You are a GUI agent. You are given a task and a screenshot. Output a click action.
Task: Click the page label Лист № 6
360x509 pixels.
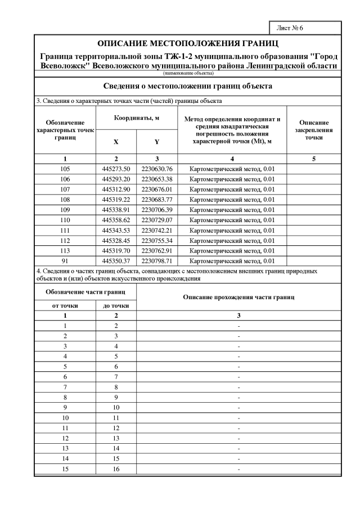(x=290, y=28)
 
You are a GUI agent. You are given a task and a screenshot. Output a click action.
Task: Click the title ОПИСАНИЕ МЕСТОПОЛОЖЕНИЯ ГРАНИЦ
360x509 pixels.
(x=188, y=43)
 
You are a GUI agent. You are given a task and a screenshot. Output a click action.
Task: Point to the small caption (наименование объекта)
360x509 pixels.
(x=188, y=73)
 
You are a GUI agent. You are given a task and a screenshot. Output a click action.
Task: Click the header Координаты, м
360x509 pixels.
(x=137, y=119)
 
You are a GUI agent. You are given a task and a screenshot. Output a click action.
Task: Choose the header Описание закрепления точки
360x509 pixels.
(x=314, y=129)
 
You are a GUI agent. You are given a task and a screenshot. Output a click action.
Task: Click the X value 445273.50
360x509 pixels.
(x=116, y=169)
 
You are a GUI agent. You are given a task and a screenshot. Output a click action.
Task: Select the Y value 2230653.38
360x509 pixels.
(x=157, y=179)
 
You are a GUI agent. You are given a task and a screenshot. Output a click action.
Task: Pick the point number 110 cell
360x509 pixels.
(x=66, y=219)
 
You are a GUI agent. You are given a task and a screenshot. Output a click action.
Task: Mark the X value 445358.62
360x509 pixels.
(x=116, y=219)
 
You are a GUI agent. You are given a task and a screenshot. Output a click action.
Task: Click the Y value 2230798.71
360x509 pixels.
(x=157, y=260)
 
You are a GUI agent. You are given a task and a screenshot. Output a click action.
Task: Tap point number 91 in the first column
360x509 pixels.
(x=66, y=260)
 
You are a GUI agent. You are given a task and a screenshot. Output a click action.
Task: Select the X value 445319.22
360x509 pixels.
(x=116, y=199)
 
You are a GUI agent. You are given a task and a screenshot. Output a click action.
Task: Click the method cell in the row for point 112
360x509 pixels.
(x=232, y=240)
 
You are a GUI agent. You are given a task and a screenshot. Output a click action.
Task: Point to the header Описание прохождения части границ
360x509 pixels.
(x=238, y=297)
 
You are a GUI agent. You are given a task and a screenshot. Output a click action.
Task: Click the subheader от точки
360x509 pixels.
(x=66, y=305)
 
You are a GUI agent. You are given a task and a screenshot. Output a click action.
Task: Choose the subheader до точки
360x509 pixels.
(x=116, y=305)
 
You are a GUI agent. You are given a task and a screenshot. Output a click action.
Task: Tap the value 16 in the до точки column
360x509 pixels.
(x=116, y=468)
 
